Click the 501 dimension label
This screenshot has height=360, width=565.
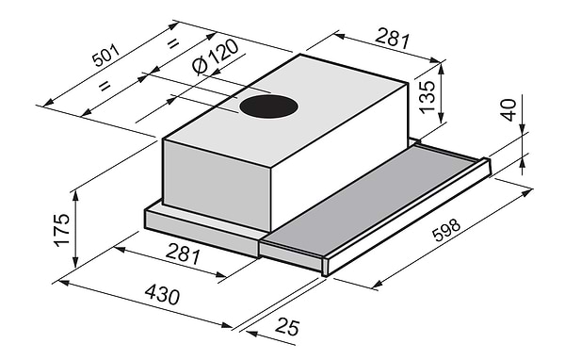click(105, 56)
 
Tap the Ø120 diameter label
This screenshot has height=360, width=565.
click(216, 57)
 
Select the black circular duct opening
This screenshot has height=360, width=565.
click(268, 106)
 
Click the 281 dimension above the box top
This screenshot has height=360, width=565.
click(393, 39)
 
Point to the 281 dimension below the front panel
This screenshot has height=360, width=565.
click(183, 254)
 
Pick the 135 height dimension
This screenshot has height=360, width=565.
click(428, 97)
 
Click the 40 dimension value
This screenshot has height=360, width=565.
click(508, 109)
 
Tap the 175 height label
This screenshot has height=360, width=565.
click(61, 230)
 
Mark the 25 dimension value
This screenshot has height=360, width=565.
click(287, 328)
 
